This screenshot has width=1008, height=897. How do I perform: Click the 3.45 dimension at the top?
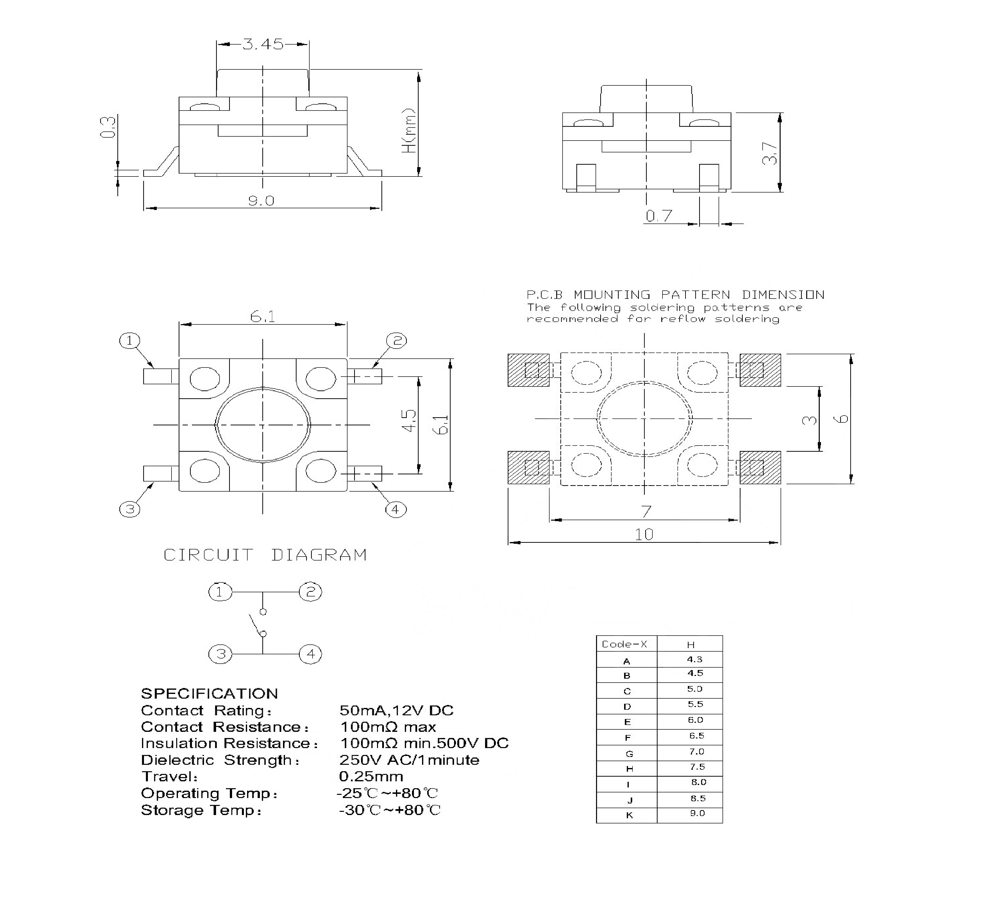263,44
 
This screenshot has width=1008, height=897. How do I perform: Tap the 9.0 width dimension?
261,201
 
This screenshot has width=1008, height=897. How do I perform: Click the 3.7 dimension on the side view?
770,153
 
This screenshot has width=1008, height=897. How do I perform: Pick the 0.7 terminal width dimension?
659,216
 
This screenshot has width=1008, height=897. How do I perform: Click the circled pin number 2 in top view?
396,340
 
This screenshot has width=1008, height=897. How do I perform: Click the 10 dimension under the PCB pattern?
644,534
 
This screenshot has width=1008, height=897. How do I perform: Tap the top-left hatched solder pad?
528,370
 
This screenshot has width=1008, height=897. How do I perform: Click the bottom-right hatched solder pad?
760,467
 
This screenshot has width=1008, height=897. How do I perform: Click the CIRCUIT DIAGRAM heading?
265,555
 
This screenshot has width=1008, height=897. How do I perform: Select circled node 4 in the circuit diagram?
310,654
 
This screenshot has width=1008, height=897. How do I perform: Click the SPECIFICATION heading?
209,694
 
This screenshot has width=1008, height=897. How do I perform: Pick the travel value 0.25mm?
371,777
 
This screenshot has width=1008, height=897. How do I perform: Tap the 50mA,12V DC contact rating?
396,710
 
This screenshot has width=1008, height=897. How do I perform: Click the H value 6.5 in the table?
696,736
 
